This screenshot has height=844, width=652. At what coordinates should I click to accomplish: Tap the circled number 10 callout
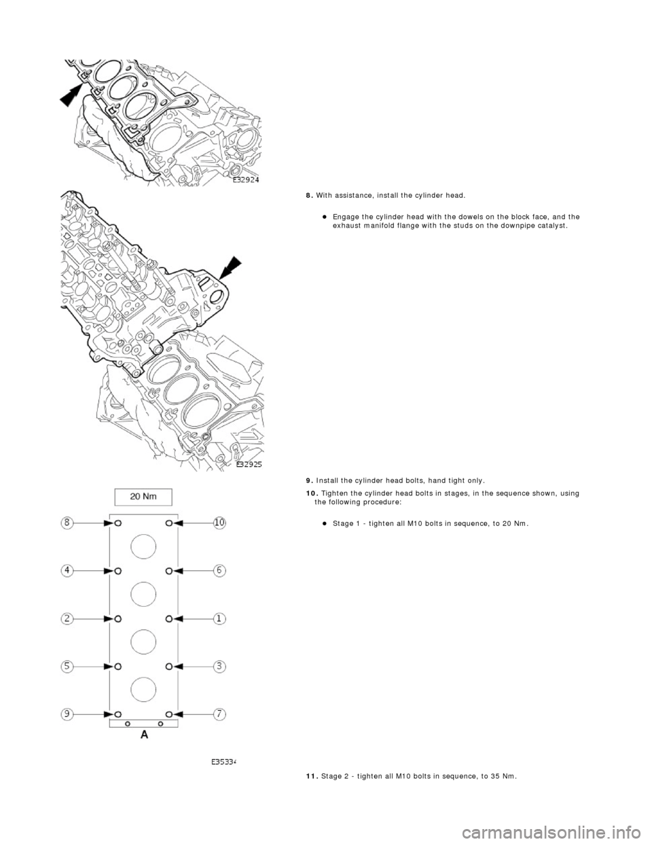(220, 523)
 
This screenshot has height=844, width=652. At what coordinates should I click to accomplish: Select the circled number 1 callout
(220, 618)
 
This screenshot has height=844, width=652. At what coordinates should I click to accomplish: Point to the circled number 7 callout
(220, 714)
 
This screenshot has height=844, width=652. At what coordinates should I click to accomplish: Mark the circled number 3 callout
(220, 666)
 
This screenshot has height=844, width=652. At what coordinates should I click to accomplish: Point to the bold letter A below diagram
(145, 735)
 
